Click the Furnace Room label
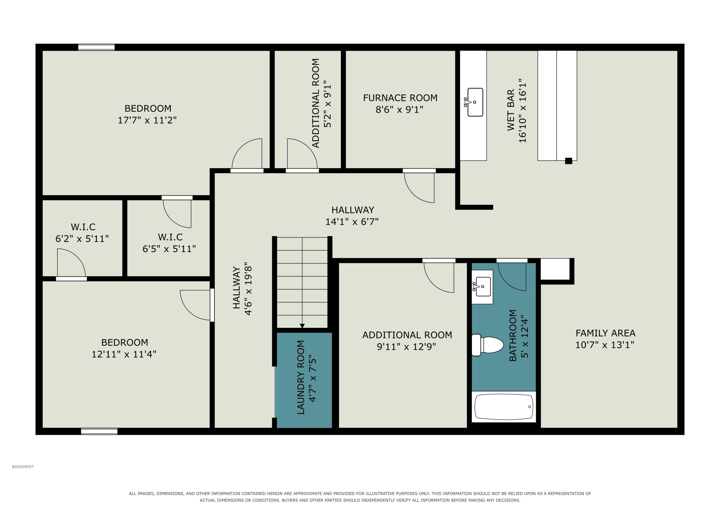tap(400, 98)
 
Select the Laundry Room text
tap(301, 377)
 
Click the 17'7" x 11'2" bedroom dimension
tap(147, 120)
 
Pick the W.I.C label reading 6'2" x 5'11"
tap(82, 233)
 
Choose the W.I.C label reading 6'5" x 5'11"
tap(169, 243)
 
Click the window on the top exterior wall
tap(96, 47)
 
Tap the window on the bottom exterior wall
tap(99, 431)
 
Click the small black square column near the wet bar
tap(569, 161)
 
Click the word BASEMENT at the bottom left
tap(23, 467)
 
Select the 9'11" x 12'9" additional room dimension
tap(406, 347)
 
